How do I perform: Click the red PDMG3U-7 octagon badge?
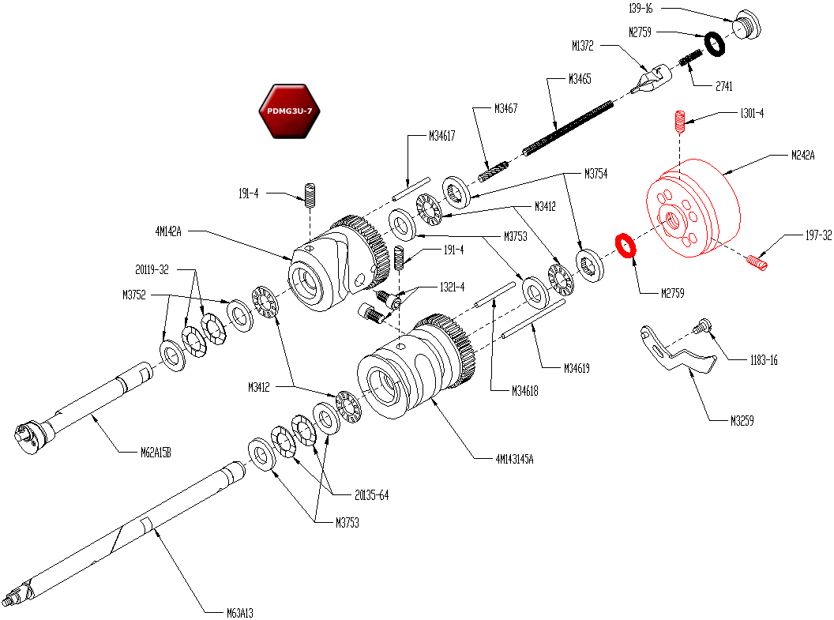click(289, 111)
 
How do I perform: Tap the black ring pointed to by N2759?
click(715, 44)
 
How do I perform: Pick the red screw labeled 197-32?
click(757, 261)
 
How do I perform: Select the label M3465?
click(580, 79)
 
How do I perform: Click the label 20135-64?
click(371, 496)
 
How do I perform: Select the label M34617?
click(442, 136)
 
